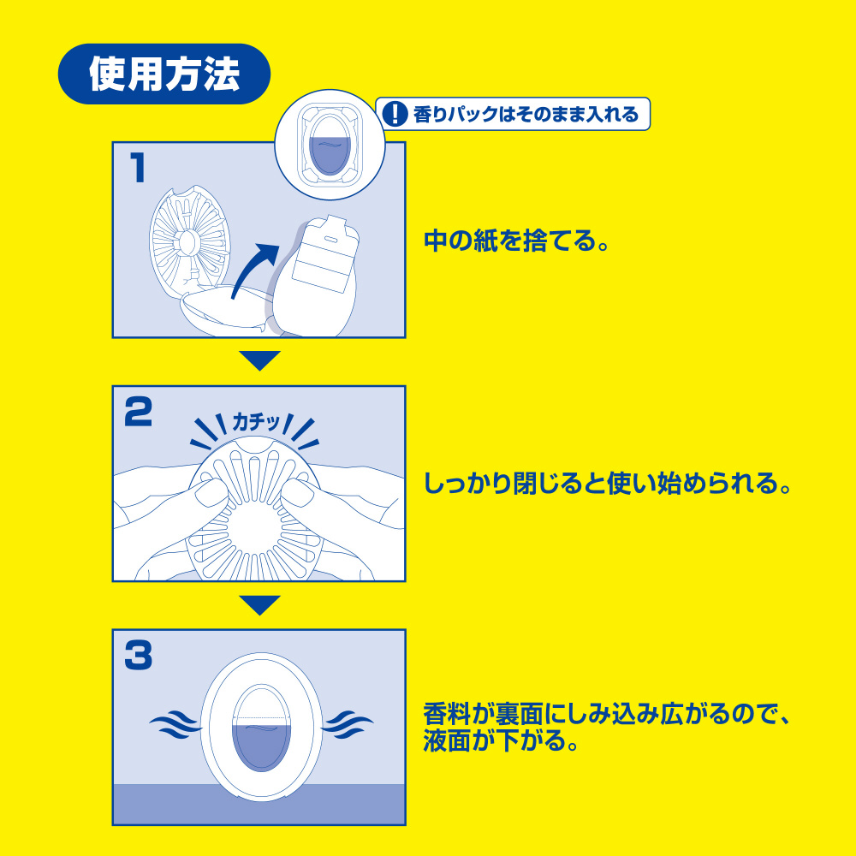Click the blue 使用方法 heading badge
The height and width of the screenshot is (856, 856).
[164, 74]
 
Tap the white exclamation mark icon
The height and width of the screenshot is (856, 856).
[395, 114]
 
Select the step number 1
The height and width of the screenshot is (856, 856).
[138, 168]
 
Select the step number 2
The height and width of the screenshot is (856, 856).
[138, 412]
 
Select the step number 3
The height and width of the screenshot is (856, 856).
[138, 655]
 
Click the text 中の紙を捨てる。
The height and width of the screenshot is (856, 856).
[516, 241]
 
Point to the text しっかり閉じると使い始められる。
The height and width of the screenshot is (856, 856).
[608, 483]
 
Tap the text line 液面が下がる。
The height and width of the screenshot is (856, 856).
[501, 740]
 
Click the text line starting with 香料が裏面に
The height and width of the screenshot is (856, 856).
[607, 714]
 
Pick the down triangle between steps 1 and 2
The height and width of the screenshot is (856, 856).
[260, 360]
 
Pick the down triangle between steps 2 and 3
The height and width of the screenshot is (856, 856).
[260, 605]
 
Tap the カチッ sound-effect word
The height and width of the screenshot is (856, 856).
[256, 422]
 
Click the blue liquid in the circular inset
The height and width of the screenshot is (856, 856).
[330, 155]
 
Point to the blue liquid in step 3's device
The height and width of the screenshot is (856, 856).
[261, 746]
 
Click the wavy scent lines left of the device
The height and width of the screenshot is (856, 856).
[175, 724]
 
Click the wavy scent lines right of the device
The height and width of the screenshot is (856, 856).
[348, 724]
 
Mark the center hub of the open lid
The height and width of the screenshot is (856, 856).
[188, 243]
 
